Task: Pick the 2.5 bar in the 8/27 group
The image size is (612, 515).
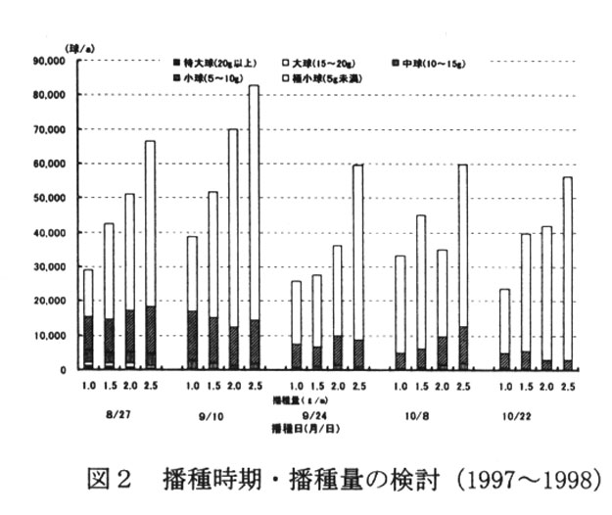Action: (150, 255)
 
